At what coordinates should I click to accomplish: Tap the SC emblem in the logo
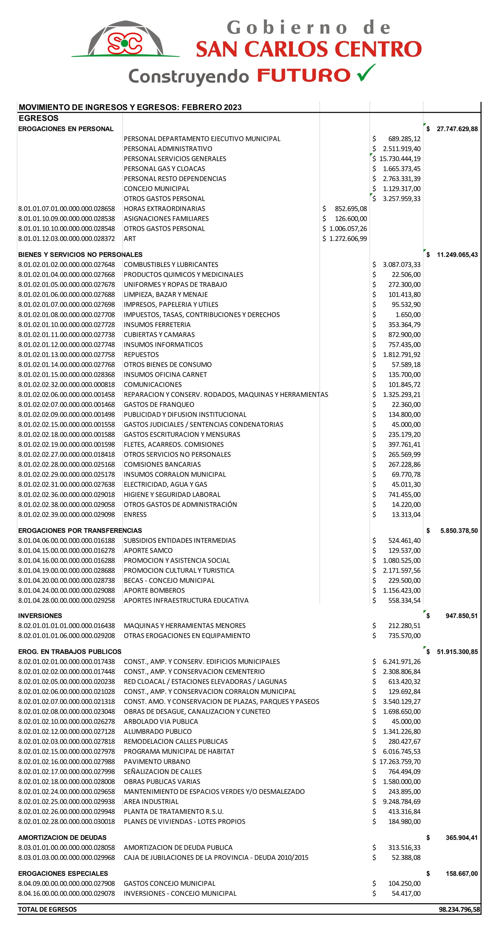[124, 43]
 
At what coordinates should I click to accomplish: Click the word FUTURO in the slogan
[303, 76]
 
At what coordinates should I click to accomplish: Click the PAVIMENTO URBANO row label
[157, 761]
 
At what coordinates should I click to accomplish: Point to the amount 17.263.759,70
[400, 761]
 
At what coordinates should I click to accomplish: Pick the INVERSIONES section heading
[40, 616]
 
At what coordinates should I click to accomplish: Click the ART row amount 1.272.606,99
[348, 239]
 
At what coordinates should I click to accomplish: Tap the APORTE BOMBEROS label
[154, 591]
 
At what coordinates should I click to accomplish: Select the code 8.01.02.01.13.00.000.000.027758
[66, 355]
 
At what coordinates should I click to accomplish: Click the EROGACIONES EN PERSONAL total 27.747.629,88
[457, 129]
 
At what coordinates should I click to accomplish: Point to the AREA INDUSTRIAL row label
[151, 801]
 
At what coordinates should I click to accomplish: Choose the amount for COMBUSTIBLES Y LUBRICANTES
[401, 265]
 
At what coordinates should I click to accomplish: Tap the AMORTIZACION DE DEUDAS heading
[62, 837]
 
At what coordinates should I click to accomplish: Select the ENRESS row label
[135, 515]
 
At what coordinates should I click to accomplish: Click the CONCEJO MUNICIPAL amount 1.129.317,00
[401, 189]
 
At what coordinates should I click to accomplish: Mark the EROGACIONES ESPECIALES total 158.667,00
[461, 874]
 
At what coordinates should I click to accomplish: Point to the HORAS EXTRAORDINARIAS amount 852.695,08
[351, 209]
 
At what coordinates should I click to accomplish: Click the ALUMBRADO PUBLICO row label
[157, 731]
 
